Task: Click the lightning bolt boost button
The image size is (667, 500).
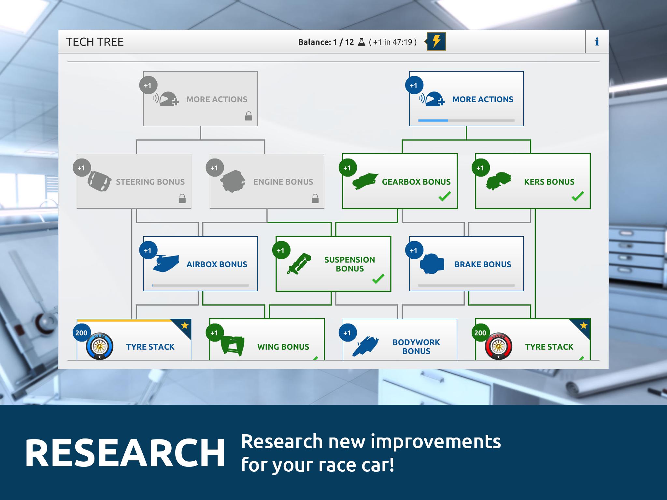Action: click(436, 42)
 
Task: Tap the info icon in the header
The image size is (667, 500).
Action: click(597, 42)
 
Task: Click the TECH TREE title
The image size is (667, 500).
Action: click(95, 42)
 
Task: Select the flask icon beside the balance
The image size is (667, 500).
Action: click(362, 42)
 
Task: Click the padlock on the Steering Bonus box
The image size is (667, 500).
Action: click(182, 198)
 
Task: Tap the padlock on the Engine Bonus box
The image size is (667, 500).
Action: click(315, 198)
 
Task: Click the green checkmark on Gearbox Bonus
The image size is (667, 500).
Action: click(445, 196)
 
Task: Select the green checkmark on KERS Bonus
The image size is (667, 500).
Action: click(577, 196)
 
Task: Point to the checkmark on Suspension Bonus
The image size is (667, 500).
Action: click(378, 279)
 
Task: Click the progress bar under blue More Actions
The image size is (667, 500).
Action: click(466, 120)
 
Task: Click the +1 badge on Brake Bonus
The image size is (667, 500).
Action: click(414, 250)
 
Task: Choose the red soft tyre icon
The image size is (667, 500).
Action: click(498, 346)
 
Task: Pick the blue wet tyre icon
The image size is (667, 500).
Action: click(100, 346)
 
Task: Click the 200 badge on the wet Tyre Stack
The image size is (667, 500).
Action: click(81, 333)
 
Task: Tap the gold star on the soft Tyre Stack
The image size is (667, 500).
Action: click(584, 325)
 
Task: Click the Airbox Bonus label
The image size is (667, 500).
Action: click(217, 264)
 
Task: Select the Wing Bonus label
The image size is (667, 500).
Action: click(283, 347)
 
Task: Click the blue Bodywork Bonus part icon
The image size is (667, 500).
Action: click(366, 346)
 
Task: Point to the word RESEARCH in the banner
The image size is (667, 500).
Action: click(125, 453)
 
